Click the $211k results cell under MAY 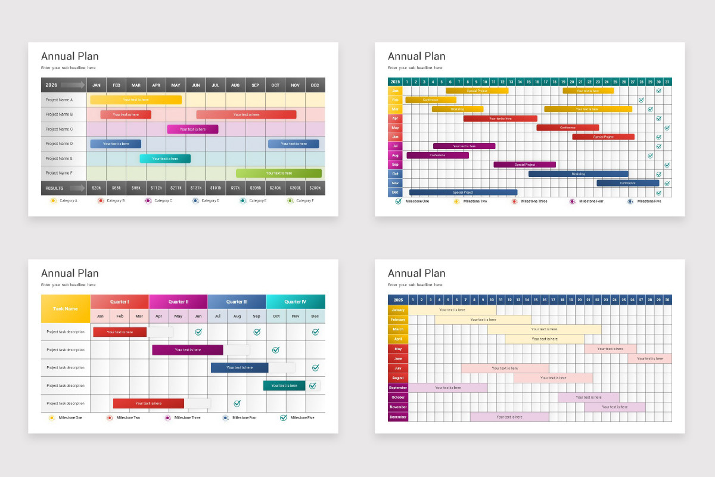point(176,188)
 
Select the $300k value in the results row point(295,188)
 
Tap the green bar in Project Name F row point(278,173)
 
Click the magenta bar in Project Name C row point(192,129)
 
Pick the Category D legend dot point(195,201)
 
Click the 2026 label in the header point(51,85)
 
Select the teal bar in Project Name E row point(165,159)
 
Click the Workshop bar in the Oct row point(578,174)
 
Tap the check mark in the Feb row point(641,100)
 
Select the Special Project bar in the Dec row point(463,193)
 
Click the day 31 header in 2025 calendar point(667,82)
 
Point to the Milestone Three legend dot point(514,202)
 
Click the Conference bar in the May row point(567,128)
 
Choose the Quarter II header point(178,302)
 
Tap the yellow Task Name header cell point(66,309)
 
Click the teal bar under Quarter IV point(284,386)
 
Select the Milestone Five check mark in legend point(284,417)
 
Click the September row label point(397,388)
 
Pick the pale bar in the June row point(649,358)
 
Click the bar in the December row point(509,417)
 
